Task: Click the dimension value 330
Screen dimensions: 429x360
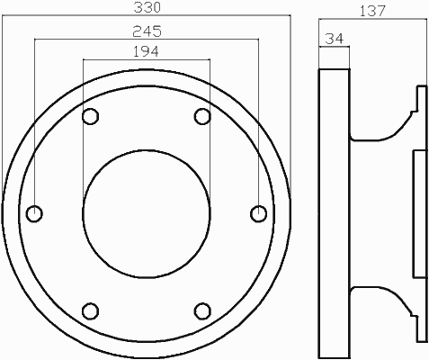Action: click(x=147, y=7)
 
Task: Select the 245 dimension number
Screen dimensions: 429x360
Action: click(x=147, y=31)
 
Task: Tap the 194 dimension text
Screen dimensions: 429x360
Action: click(x=146, y=51)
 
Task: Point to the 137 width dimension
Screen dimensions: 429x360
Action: click(x=372, y=11)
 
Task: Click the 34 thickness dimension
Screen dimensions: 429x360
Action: click(x=335, y=39)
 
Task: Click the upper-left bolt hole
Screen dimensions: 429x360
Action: click(x=90, y=116)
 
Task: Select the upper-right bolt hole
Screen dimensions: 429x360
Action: click(x=202, y=116)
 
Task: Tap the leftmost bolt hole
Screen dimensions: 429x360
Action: click(x=34, y=213)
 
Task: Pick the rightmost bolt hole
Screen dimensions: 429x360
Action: click(x=258, y=213)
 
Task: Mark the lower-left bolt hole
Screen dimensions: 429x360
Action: click(x=90, y=311)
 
